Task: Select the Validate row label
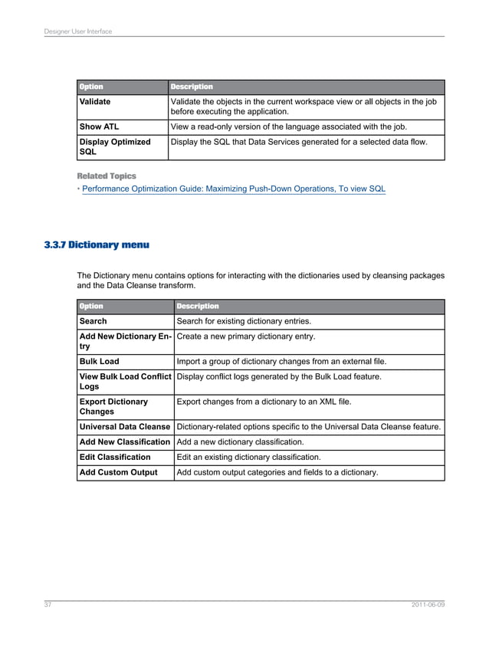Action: tap(95, 101)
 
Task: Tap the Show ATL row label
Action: tap(99, 126)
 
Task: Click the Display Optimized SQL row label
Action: tap(115, 146)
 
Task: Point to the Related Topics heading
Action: tap(107, 176)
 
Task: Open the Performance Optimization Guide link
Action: tap(234, 189)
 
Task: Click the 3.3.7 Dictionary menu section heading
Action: tap(97, 245)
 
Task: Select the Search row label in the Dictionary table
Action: tap(94, 321)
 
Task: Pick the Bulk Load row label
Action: tap(100, 361)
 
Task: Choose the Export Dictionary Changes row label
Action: tap(113, 406)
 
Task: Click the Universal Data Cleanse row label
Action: tap(125, 426)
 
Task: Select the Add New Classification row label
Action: tap(125, 442)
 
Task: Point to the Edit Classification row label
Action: tap(115, 457)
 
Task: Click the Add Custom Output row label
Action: tap(118, 472)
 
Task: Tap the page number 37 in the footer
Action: tap(47, 605)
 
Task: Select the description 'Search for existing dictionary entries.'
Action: tap(244, 321)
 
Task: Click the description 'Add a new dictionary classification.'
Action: tap(240, 442)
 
